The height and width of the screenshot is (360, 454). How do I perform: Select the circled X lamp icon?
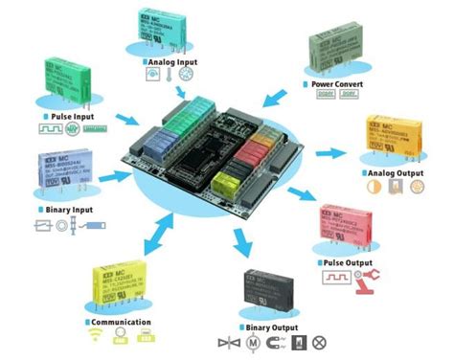point(320,343)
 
